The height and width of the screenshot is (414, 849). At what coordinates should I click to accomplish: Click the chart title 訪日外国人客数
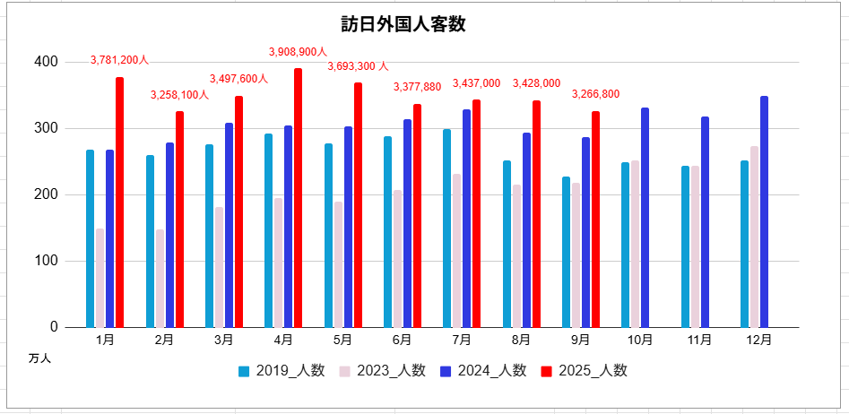tap(403, 24)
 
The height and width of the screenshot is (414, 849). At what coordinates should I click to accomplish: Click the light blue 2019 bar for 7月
tap(446, 228)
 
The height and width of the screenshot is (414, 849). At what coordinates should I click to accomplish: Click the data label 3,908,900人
tap(299, 52)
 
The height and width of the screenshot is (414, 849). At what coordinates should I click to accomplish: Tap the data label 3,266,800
tap(595, 94)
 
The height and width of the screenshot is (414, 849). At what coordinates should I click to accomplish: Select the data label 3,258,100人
tap(179, 94)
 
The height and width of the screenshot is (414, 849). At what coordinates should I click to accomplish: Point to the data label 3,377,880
tap(417, 87)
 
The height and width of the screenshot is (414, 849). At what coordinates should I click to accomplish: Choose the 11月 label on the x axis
tap(699, 340)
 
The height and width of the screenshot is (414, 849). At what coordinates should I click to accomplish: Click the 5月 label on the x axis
tap(342, 340)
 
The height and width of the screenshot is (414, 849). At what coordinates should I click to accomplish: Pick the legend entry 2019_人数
tap(281, 371)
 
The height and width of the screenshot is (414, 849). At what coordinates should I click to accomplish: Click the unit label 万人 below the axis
tap(39, 358)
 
